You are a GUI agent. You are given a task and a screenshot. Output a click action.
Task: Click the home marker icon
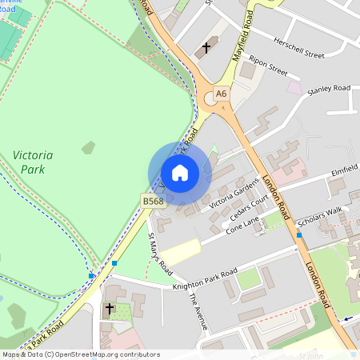coord(180,173)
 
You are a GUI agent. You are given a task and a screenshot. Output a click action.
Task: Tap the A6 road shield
coord(221,94)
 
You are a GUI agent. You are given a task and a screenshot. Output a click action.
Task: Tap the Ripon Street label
coord(267,66)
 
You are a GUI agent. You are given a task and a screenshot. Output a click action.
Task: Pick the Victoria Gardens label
coord(234,193)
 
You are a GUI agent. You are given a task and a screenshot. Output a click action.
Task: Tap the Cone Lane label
coord(242,229)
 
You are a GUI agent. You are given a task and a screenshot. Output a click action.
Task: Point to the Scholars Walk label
coord(319,222)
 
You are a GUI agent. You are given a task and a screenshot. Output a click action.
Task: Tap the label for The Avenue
coord(198,311)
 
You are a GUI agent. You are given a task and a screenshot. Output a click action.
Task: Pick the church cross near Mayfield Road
coord(206,48)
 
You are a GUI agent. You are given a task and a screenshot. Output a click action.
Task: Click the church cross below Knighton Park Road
coord(110,308)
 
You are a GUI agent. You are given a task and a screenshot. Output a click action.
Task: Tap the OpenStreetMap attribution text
coord(81,354)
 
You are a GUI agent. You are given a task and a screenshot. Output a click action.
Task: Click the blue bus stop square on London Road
coord(299,235)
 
